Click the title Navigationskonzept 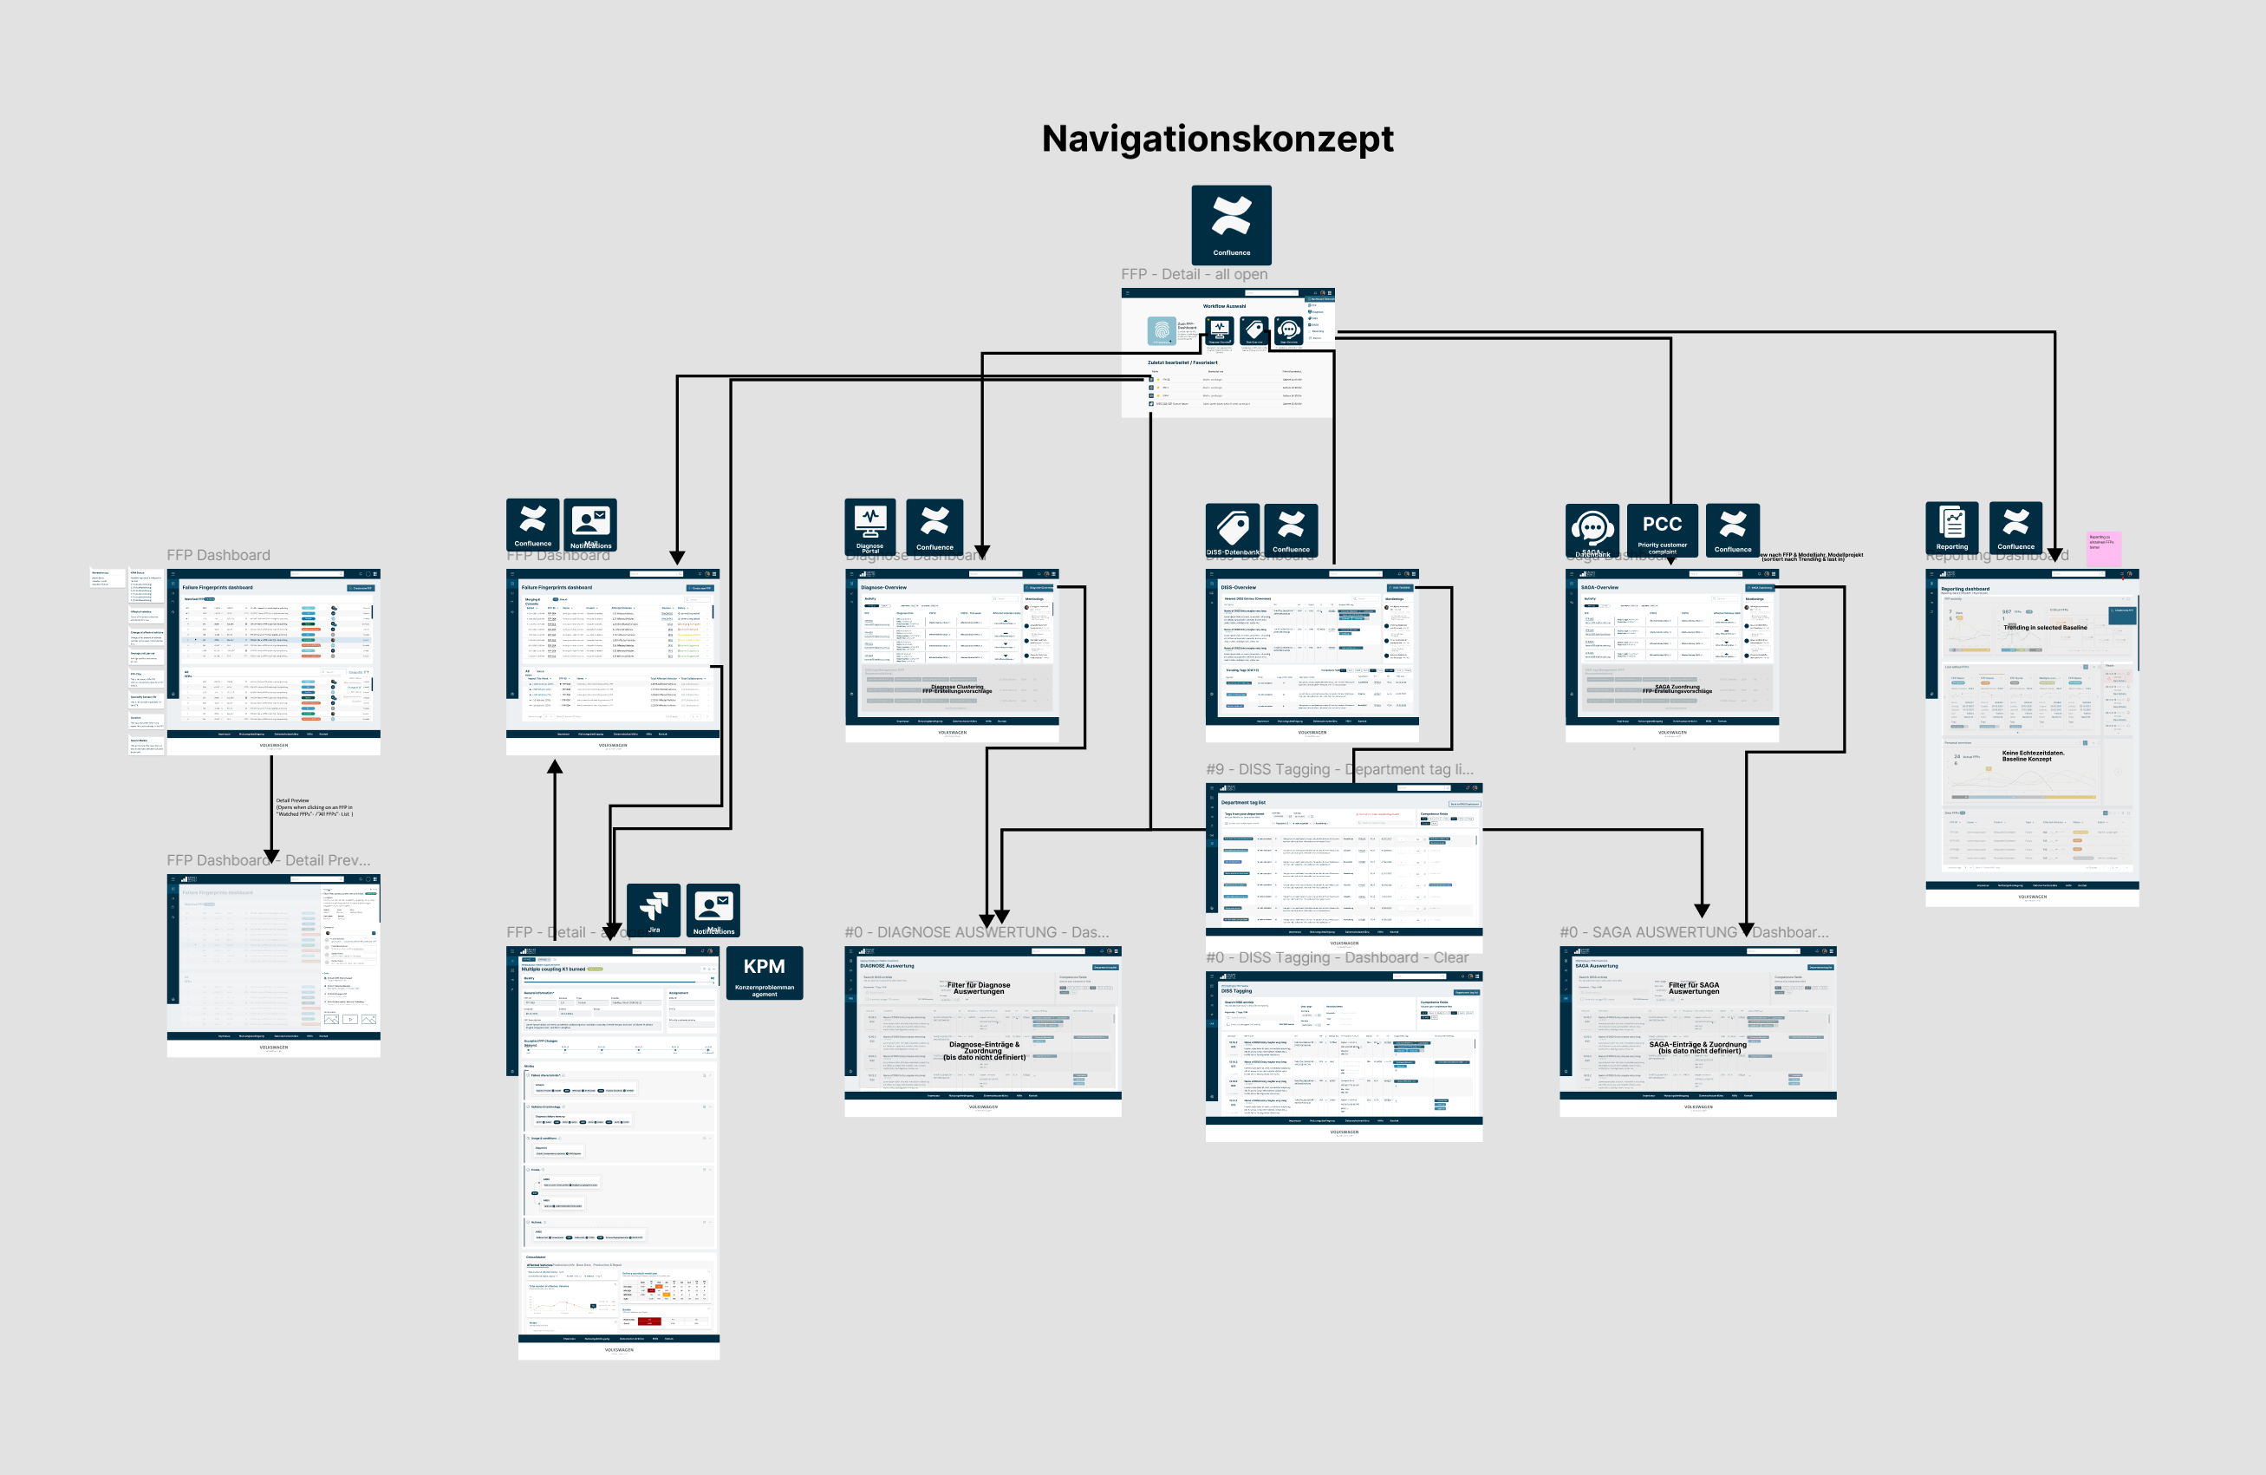tap(1217, 139)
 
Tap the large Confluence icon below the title tap(1231, 225)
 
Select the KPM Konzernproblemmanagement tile tap(764, 973)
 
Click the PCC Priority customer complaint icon tap(1662, 530)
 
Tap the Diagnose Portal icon tap(869, 525)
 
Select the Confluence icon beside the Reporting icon tap(2015, 526)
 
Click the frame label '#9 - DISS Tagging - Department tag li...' tap(1338, 769)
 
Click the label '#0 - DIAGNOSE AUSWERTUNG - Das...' tap(976, 932)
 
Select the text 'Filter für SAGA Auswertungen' tap(1693, 989)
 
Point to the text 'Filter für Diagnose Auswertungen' tap(978, 989)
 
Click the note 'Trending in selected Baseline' tap(2044, 628)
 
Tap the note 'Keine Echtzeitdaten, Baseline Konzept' tap(2033, 755)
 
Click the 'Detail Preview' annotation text tap(313, 807)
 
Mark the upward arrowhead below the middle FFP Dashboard tap(554, 767)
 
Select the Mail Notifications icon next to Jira tap(713, 910)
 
